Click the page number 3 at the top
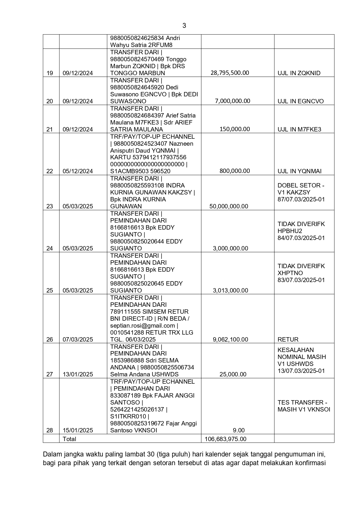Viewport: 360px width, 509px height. click(184, 26)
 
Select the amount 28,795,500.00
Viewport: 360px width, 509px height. click(230, 73)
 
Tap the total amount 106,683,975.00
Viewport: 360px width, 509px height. click(225, 439)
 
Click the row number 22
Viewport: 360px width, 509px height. click(50, 171)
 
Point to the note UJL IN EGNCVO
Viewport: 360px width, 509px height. click(301, 101)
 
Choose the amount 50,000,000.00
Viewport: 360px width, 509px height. click(229, 206)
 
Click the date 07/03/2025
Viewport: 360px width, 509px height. click(78, 340)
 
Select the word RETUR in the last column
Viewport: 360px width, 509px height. click(288, 340)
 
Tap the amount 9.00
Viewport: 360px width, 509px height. click(239, 430)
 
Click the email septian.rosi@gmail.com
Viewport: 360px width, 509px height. click(142, 326)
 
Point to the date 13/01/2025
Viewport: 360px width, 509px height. click(78, 374)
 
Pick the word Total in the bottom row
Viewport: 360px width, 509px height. click(69, 439)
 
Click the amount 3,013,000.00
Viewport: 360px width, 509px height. click(230, 290)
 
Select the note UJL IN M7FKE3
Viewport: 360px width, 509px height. click(299, 129)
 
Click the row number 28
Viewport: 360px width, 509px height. click(50, 430)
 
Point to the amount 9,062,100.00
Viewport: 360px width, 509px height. click(230, 340)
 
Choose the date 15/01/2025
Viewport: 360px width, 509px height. click(78, 430)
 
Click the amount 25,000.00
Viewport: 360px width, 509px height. click(233, 374)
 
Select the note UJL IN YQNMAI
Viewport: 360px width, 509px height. click(299, 171)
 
